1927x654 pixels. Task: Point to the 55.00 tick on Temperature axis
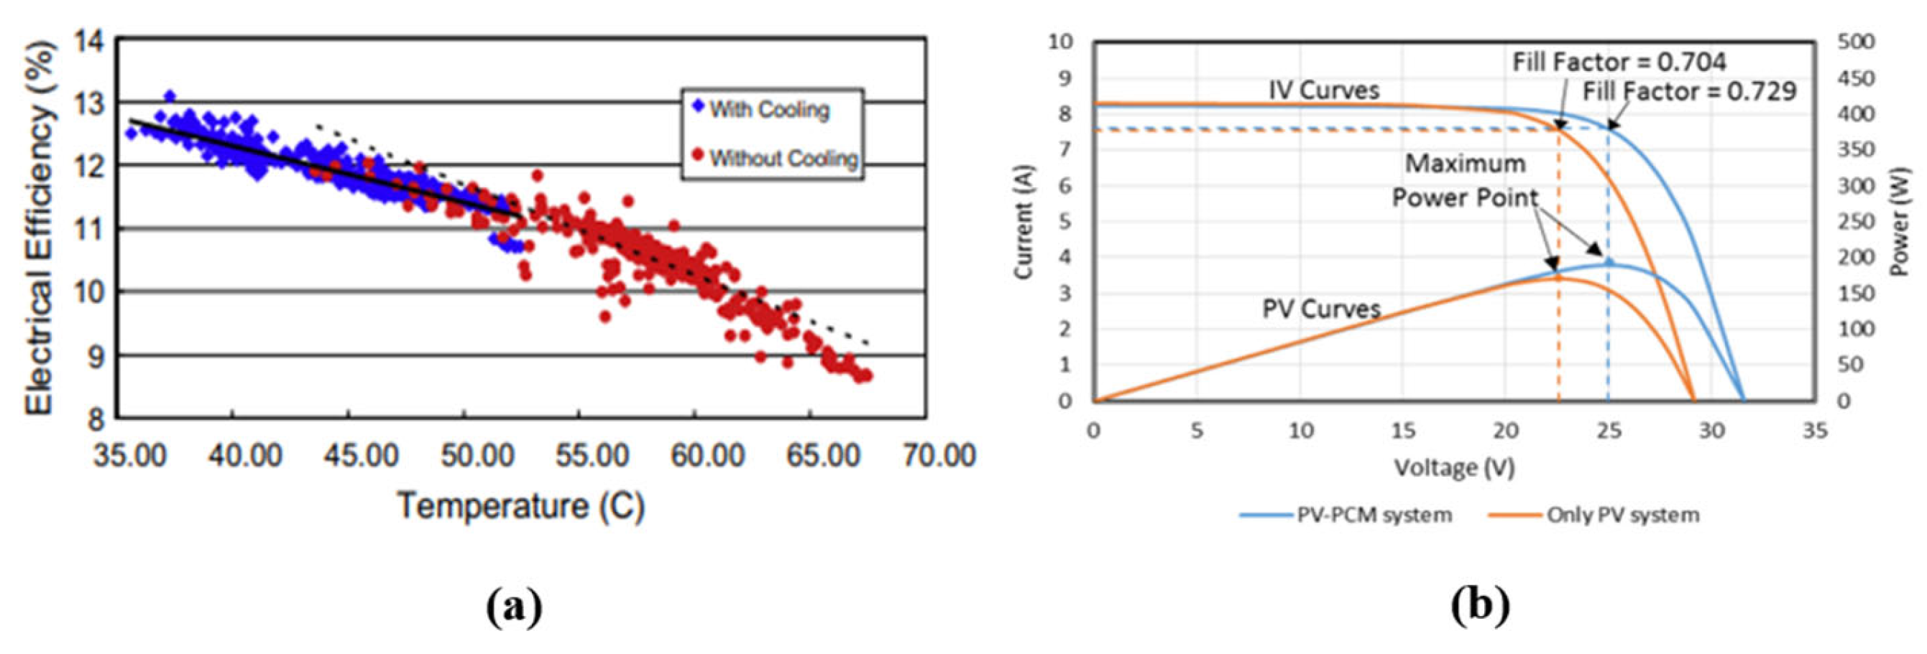[x=592, y=454]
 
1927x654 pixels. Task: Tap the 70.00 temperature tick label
[x=939, y=454]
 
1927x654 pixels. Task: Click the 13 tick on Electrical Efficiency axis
[x=89, y=103]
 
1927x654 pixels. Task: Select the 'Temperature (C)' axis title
[x=520, y=506]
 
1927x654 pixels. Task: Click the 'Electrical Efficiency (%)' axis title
[x=40, y=228]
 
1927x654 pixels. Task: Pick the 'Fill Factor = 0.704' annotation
[x=1619, y=62]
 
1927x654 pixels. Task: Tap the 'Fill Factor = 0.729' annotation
[x=1689, y=92]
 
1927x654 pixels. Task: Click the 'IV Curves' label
[x=1323, y=90]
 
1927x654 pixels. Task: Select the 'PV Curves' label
[x=1321, y=309]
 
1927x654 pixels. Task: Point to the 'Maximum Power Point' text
[x=1465, y=181]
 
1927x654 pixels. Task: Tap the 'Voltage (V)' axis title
[x=1454, y=469]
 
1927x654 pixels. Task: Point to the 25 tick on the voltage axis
[x=1609, y=431]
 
